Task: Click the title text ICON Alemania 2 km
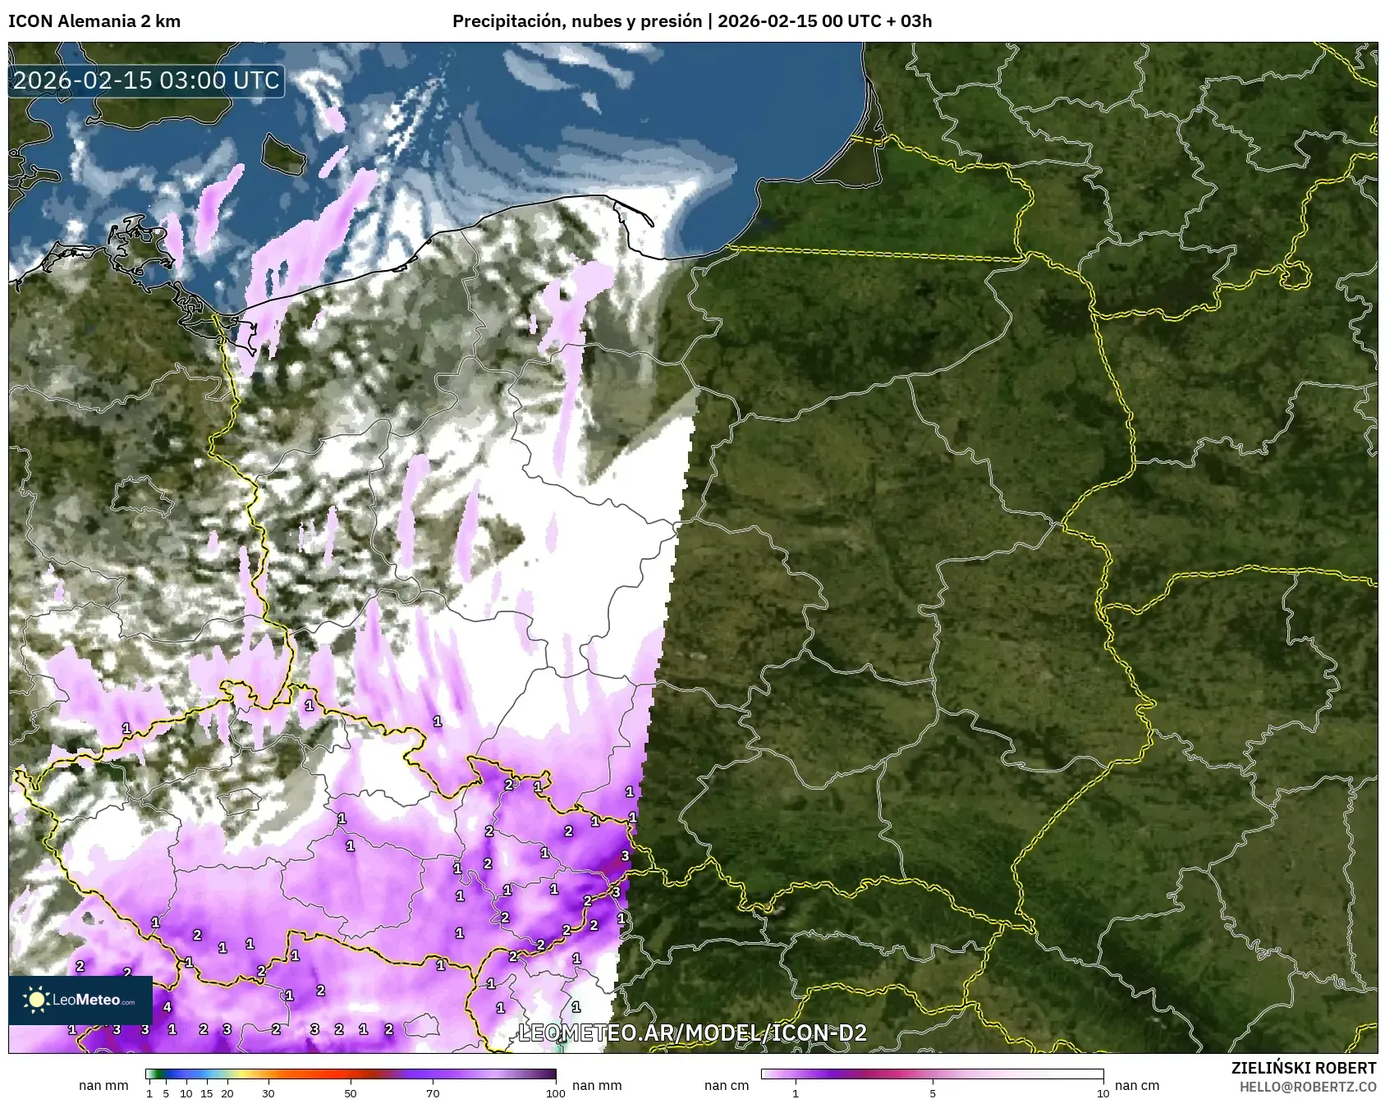pyautogui.click(x=94, y=22)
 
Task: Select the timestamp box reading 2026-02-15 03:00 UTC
pyautogui.click(x=146, y=80)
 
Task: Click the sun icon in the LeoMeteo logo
pyautogui.click(x=36, y=999)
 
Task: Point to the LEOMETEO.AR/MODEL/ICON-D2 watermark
pyautogui.click(x=692, y=1033)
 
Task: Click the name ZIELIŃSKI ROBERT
pyautogui.click(x=1304, y=1068)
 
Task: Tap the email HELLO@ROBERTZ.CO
pyautogui.click(x=1308, y=1086)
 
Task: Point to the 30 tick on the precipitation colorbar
pyautogui.click(x=268, y=1092)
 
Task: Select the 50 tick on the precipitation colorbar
pyautogui.click(x=351, y=1092)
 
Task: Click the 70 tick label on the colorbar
pyautogui.click(x=433, y=1092)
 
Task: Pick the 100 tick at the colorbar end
pyautogui.click(x=556, y=1092)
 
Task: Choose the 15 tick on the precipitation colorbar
pyautogui.click(x=207, y=1092)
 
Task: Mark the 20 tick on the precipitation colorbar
pyautogui.click(x=227, y=1092)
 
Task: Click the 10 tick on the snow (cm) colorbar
pyautogui.click(x=1103, y=1092)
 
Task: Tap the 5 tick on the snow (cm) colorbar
pyautogui.click(x=933, y=1092)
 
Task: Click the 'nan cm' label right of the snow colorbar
pyautogui.click(x=1137, y=1085)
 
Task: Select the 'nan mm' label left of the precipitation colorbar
pyautogui.click(x=103, y=1085)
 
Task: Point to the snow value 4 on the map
pyautogui.click(x=167, y=1007)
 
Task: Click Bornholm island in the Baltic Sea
pyautogui.click(x=282, y=153)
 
